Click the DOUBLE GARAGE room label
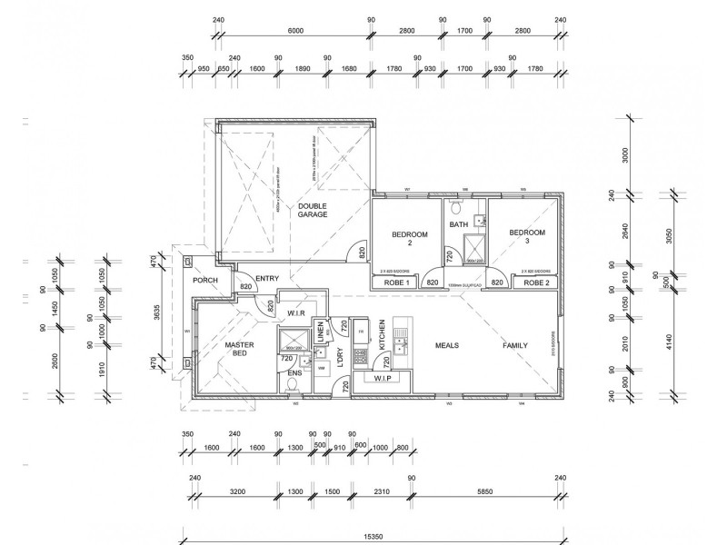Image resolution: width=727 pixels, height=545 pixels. coord(312,212)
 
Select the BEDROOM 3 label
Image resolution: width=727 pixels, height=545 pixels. coord(527,238)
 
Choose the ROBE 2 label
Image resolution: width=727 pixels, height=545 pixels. coord(537,283)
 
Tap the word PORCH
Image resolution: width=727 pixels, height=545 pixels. coord(205,280)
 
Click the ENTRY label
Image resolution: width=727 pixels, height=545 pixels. coord(267,279)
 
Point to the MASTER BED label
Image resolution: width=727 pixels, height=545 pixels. coord(239,351)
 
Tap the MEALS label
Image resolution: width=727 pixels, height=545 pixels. coord(446,346)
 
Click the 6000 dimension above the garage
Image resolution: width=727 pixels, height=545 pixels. coord(295,31)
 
